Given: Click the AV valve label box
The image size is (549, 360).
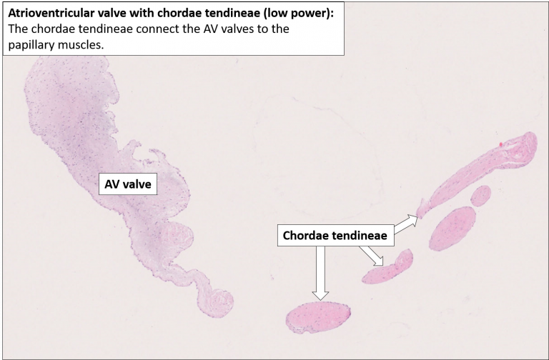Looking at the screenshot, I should [127, 184].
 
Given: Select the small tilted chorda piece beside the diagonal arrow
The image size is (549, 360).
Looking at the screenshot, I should [388, 266].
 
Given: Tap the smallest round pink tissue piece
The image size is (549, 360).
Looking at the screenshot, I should [480, 194].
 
